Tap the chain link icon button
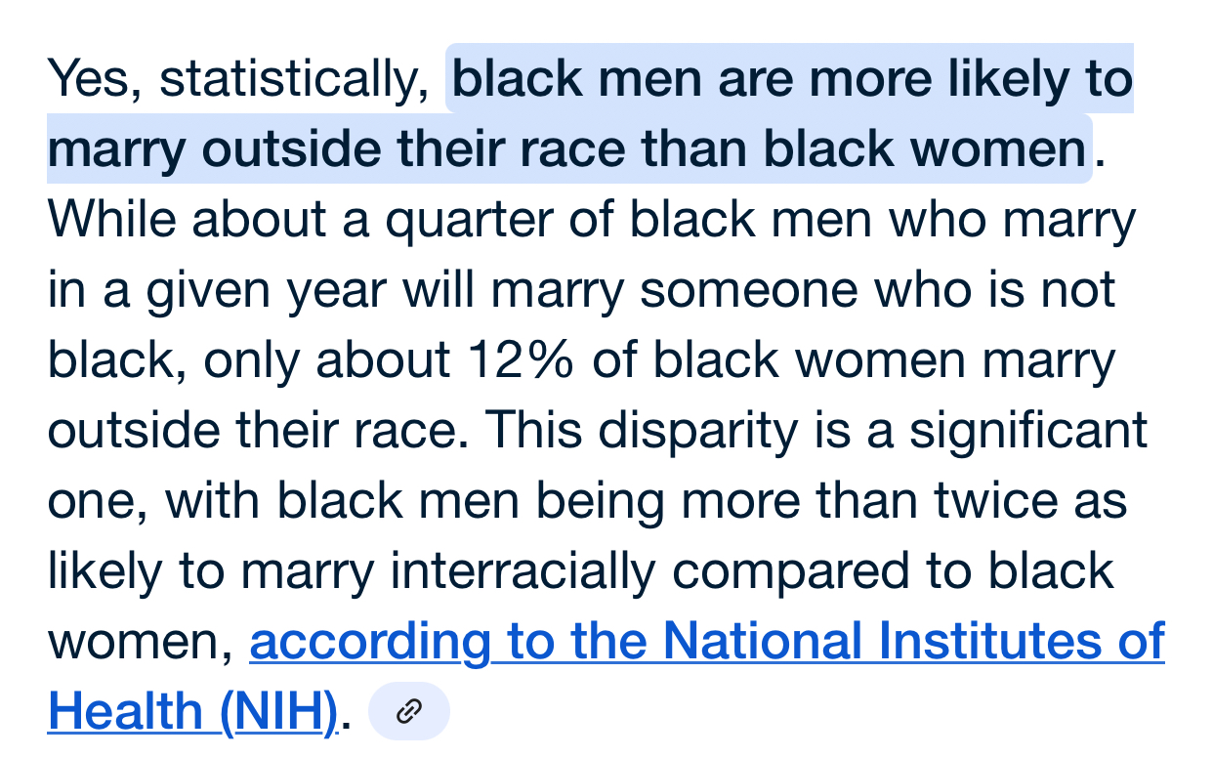coord(409,711)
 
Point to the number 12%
coord(521,360)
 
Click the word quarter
coord(470,222)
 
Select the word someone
coord(749,291)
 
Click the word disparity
coord(698,432)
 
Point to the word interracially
coord(523,571)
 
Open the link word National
coord(762,641)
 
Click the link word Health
coord(125,711)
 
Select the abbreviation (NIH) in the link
coord(279,713)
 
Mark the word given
coord(208,292)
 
